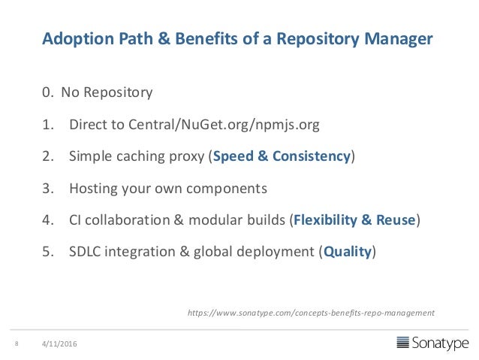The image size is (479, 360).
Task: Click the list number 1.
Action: click(x=47, y=125)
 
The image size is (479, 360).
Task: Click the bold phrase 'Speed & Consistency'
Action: click(x=282, y=156)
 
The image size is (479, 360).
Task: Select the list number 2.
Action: click(x=47, y=156)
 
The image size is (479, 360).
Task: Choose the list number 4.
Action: click(x=47, y=219)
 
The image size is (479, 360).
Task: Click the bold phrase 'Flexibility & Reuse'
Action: click(x=354, y=219)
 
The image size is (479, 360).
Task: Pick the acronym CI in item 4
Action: click(x=77, y=219)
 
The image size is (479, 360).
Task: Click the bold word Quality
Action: click(x=348, y=251)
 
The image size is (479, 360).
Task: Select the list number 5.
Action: click(x=47, y=251)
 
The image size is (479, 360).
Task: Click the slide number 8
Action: click(x=16, y=344)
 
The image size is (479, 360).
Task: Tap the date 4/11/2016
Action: click(x=60, y=344)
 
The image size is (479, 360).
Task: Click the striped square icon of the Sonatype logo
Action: click(x=404, y=343)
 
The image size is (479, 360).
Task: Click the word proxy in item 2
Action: click(x=187, y=156)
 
